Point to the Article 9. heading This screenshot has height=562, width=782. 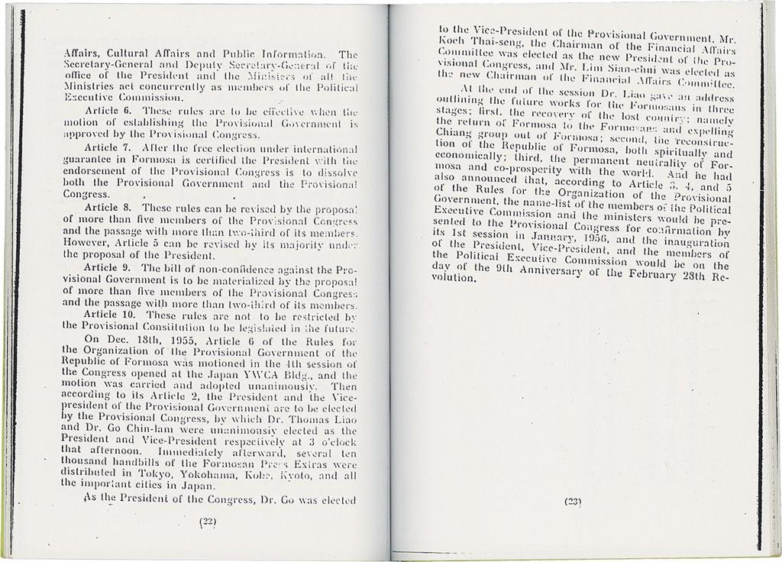(110, 269)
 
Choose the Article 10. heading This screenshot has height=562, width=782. (112, 315)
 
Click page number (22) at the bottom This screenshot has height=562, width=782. (208, 523)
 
